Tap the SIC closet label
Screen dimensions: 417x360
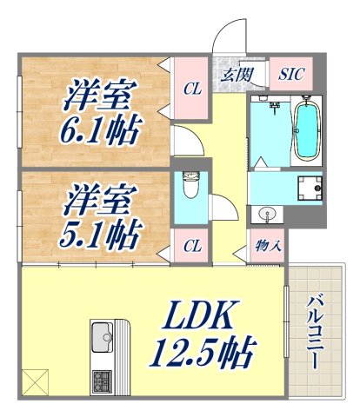click(290, 74)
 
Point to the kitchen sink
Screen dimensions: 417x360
click(102, 334)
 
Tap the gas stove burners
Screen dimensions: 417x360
click(102, 379)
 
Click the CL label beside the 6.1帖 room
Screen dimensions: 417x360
click(190, 87)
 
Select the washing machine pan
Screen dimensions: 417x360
click(309, 187)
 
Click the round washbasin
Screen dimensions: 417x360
click(265, 213)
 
